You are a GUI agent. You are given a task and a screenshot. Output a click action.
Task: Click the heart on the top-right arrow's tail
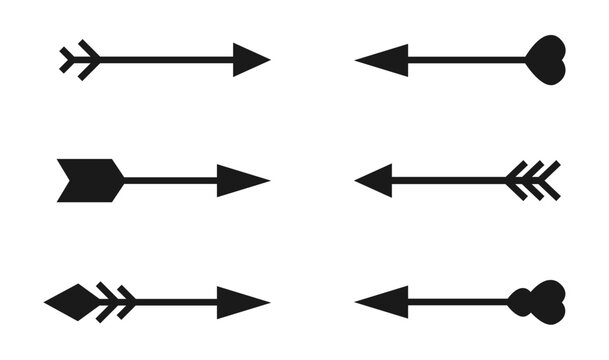click(x=547, y=57)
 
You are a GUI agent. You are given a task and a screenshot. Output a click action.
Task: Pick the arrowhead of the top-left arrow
click(x=249, y=60)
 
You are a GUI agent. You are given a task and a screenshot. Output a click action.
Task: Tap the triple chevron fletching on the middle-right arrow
click(x=531, y=181)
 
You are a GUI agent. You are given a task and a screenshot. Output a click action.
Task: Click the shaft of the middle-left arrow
click(x=170, y=181)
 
